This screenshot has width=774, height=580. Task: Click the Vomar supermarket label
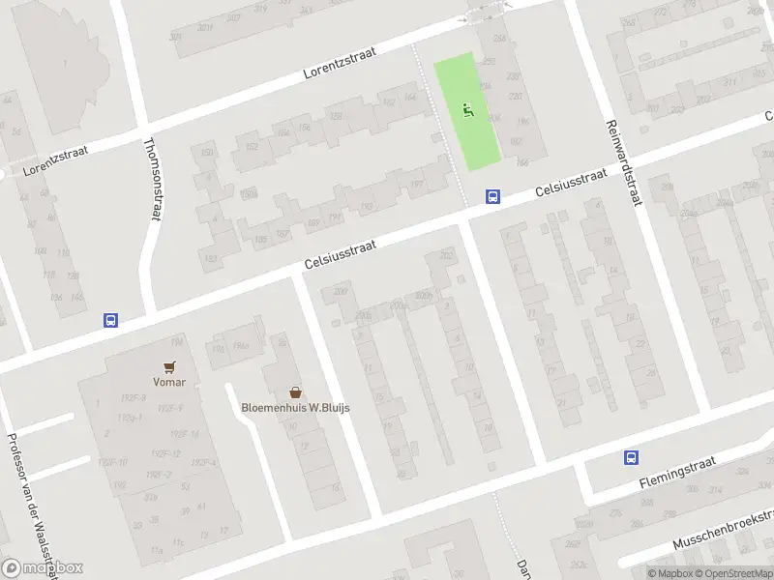(170, 382)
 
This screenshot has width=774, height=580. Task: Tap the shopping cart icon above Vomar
(170, 366)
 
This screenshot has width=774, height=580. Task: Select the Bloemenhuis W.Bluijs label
(295, 407)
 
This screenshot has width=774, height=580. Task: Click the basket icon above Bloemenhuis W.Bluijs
(295, 392)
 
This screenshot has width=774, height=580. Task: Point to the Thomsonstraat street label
(151, 179)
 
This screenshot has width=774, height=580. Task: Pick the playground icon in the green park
(468, 110)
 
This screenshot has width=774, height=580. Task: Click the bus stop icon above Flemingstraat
(631, 458)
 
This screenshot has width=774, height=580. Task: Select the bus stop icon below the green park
(492, 196)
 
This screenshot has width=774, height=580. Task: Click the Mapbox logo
(42, 568)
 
